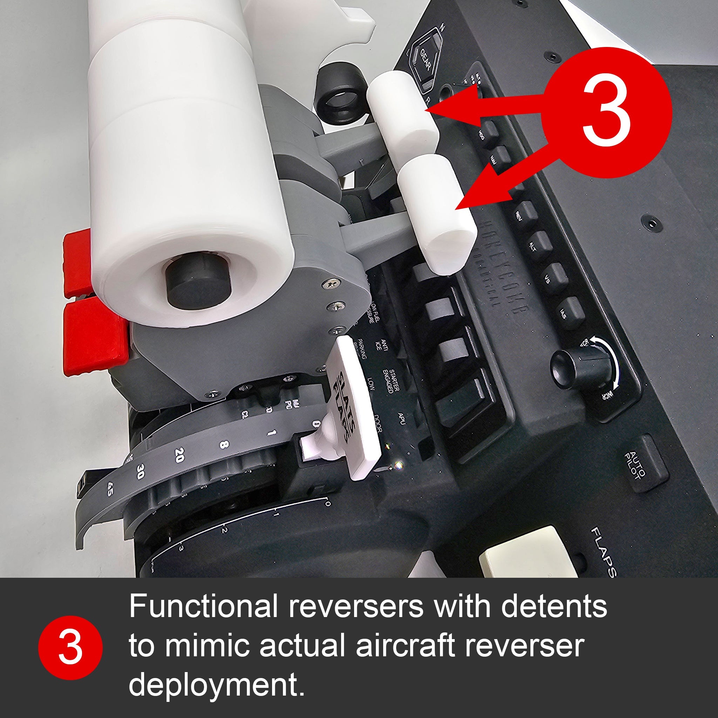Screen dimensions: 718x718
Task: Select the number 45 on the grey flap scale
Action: click(x=110, y=489)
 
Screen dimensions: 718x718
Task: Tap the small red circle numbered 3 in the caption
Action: click(x=70, y=648)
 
